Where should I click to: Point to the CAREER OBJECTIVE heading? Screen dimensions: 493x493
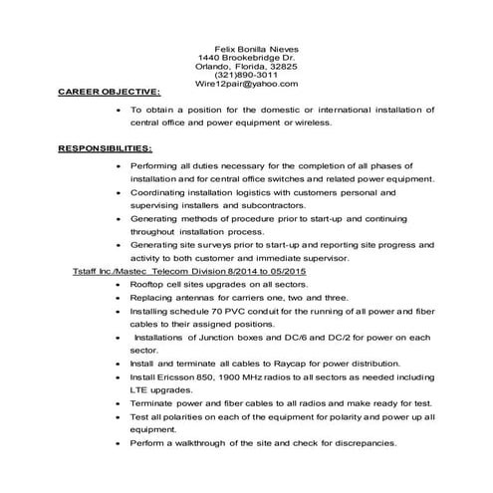(x=109, y=94)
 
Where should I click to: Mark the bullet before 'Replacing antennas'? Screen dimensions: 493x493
(x=120, y=297)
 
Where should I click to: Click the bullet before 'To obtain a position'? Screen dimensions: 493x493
(x=120, y=109)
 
